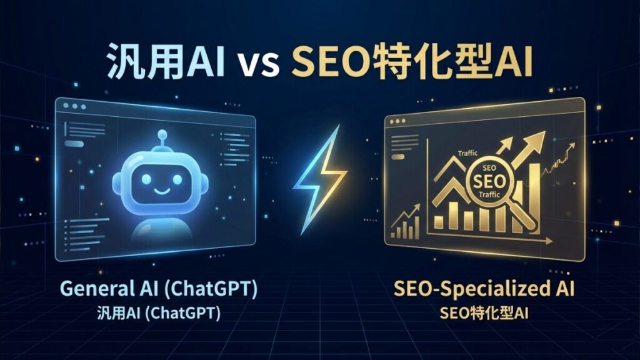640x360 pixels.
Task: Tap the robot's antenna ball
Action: coord(162,134)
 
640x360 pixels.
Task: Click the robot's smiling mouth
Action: coord(162,191)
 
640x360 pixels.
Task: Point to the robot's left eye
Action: coord(146,179)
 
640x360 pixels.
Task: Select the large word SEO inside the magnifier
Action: coord(489,181)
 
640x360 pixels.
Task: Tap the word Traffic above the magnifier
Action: coord(467,153)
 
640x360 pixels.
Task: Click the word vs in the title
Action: coord(258,64)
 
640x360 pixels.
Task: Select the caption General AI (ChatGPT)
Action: coord(159,289)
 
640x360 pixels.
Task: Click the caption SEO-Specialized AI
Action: coord(484,289)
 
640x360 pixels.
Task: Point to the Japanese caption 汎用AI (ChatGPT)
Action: coord(159,314)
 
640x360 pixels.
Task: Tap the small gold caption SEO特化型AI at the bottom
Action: coord(484,314)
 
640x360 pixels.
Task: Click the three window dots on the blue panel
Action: coord(75,106)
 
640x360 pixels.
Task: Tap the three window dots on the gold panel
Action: coord(397,121)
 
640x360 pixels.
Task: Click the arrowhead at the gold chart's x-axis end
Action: coord(549,241)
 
